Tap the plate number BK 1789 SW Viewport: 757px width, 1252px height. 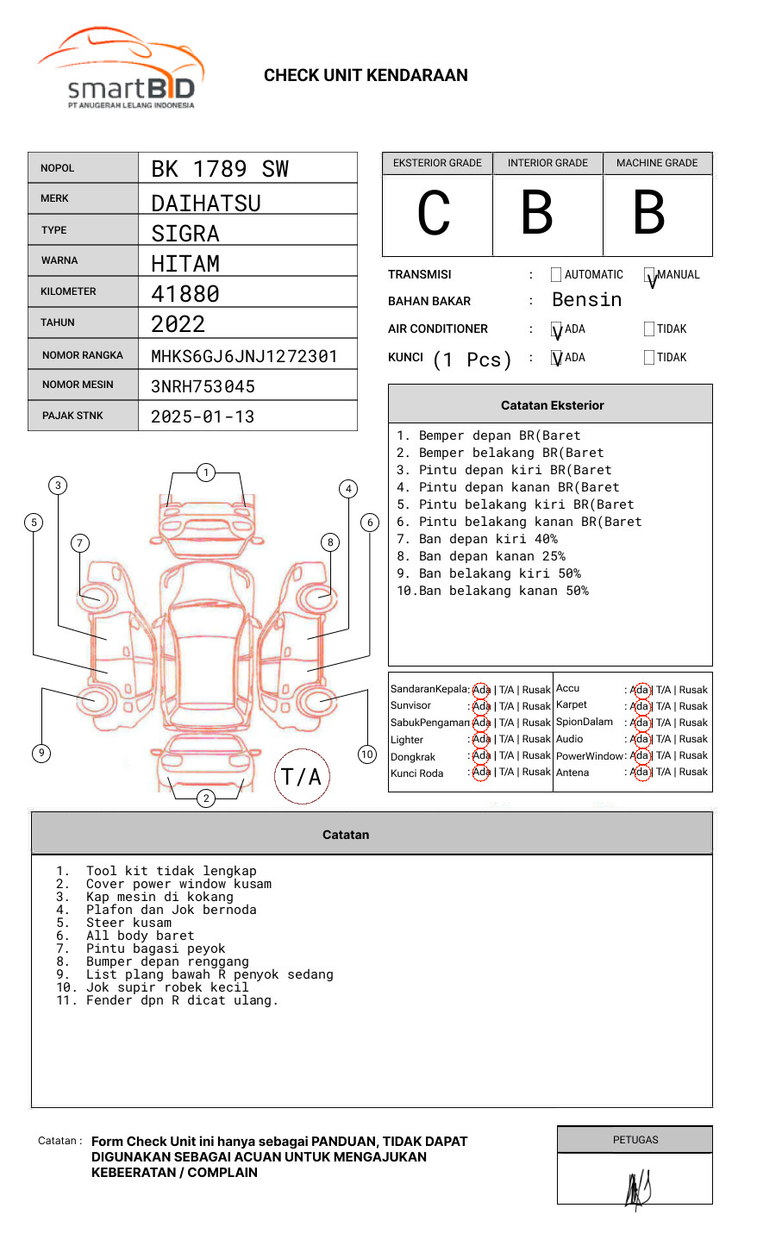tap(220, 169)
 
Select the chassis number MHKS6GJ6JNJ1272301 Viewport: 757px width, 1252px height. tap(244, 356)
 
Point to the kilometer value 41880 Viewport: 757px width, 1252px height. tap(185, 294)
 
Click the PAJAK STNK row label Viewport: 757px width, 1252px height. tap(72, 416)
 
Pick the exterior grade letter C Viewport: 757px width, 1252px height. tap(434, 214)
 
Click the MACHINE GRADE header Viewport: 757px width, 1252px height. tap(657, 163)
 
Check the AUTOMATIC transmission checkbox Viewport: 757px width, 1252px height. tap(556, 275)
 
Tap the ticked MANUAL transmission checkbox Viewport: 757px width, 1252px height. tap(650, 276)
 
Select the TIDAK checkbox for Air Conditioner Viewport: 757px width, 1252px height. tap(649, 329)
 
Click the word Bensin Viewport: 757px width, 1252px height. tap(586, 300)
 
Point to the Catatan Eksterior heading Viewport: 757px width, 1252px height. tap(552, 405)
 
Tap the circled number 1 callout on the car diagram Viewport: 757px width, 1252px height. tap(205, 473)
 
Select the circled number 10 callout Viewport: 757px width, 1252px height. tap(367, 754)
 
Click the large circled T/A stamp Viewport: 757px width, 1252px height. tap(302, 777)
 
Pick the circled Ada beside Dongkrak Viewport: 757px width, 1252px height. tap(481, 756)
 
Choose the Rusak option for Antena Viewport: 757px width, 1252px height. tap(693, 773)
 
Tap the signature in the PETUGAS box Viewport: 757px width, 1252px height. tap(637, 1189)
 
